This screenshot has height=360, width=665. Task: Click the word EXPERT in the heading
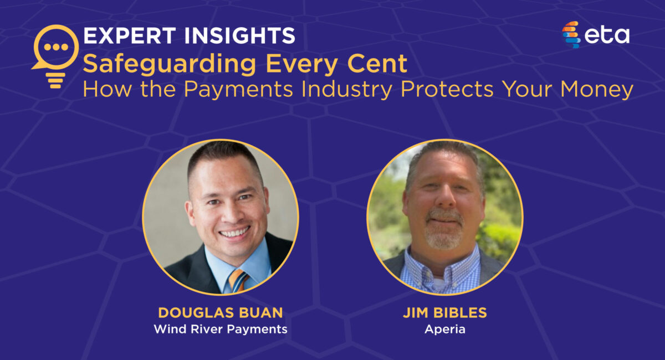click(x=130, y=35)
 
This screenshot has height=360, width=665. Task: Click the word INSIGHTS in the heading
click(x=240, y=35)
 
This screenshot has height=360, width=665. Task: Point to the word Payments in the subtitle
click(x=238, y=90)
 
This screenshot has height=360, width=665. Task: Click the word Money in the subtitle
click(x=597, y=90)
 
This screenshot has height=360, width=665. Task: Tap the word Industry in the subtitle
click(x=346, y=90)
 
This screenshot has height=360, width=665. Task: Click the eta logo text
click(x=606, y=35)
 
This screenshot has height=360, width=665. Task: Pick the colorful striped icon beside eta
click(x=571, y=34)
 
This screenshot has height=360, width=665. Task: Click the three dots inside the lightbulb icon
click(x=56, y=47)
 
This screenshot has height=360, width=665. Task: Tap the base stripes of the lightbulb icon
click(x=55, y=81)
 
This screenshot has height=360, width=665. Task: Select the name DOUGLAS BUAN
click(x=221, y=313)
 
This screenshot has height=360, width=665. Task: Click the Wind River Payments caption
click(x=221, y=329)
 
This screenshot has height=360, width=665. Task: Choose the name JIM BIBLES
click(x=445, y=313)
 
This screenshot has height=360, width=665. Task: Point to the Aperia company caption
click(x=445, y=330)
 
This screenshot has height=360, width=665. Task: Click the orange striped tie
click(x=238, y=281)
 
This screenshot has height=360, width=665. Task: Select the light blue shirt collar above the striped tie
click(x=234, y=261)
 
